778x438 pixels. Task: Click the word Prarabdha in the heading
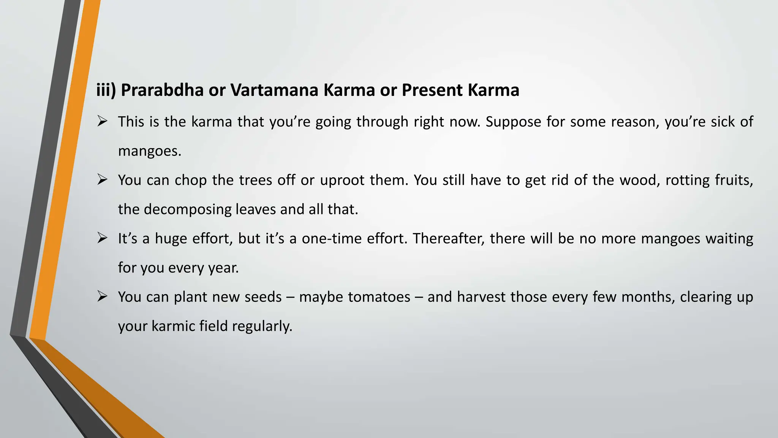pos(162,90)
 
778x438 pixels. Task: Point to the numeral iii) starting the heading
pos(106,90)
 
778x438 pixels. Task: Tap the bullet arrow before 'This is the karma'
pos(102,122)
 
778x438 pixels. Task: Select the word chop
pos(191,180)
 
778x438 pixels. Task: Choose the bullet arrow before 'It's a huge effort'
pos(102,238)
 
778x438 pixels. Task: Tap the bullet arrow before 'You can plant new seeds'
pos(102,297)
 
